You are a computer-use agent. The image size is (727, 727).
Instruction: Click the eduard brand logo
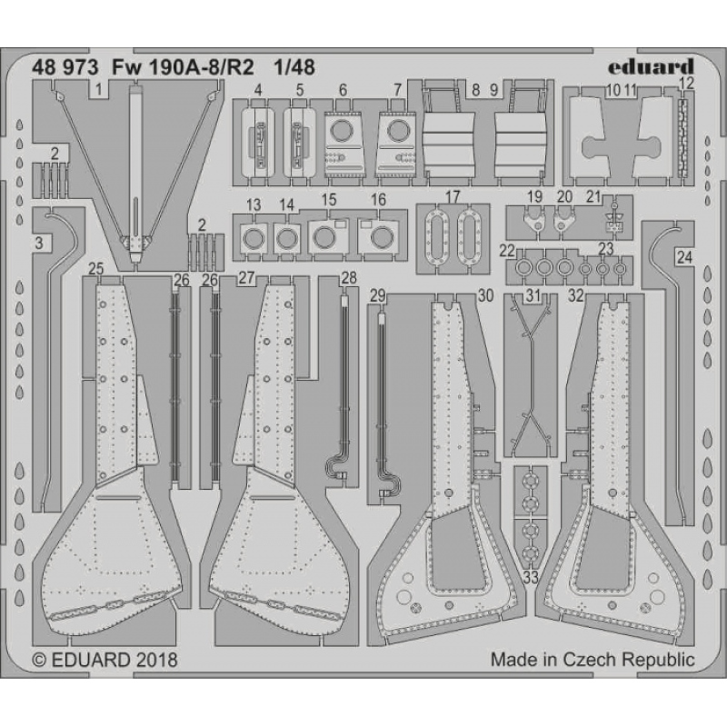[651, 66]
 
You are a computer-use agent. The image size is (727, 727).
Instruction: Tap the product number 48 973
[65, 67]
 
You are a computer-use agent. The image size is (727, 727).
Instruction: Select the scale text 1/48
[294, 67]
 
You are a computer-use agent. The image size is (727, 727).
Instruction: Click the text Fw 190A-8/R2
[183, 67]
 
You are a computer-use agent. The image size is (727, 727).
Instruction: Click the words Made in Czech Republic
[593, 659]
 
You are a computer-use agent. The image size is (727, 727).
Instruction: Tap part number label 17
[452, 196]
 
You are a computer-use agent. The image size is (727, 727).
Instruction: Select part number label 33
[531, 578]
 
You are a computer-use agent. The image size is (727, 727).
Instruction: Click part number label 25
[96, 268]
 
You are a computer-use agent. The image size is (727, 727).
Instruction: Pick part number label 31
[533, 295]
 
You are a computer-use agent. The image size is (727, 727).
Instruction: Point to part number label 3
[39, 243]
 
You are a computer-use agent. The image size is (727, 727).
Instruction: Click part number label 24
[684, 257]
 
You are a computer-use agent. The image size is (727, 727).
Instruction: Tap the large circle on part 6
[343, 130]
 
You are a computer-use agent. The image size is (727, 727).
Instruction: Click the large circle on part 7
[398, 130]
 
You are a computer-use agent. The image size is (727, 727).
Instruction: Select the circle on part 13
[254, 238]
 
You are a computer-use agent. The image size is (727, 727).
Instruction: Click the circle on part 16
[381, 237]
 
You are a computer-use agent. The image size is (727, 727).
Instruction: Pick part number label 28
[349, 278]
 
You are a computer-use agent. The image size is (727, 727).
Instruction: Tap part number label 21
[593, 196]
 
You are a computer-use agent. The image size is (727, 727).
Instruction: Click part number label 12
[687, 84]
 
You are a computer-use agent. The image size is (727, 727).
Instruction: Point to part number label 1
[98, 89]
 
